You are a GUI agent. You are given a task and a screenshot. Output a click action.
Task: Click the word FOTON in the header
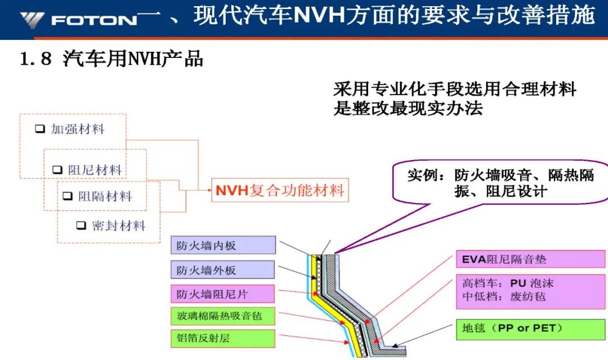pyautogui.click(x=94, y=20)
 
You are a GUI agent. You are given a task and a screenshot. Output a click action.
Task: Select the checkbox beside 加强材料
pyautogui.click(x=40, y=129)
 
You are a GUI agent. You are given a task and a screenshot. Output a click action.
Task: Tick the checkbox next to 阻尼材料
pyautogui.click(x=57, y=170)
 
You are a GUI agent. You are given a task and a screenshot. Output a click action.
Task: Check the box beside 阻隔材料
pyautogui.click(x=68, y=196)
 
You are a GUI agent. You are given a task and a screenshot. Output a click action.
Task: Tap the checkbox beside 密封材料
pyautogui.click(x=81, y=225)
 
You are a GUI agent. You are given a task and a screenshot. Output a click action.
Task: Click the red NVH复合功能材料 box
pyautogui.click(x=280, y=190)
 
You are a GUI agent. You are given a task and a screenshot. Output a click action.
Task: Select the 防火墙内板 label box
pyautogui.click(x=223, y=245)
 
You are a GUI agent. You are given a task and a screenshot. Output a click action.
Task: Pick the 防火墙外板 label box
pyautogui.click(x=223, y=269)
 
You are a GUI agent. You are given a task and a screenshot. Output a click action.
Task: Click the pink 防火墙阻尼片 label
pyautogui.click(x=222, y=294)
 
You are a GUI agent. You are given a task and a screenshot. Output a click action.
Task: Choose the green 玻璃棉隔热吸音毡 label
pyautogui.click(x=223, y=316)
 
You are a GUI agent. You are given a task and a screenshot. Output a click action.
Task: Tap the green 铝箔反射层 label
pyautogui.click(x=223, y=338)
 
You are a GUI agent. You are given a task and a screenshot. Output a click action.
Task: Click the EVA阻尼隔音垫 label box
pyautogui.click(x=530, y=259)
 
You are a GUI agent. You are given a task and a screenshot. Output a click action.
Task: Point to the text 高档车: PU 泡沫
pyautogui.click(x=508, y=283)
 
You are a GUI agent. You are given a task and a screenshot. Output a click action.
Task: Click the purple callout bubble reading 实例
pyautogui.click(x=500, y=182)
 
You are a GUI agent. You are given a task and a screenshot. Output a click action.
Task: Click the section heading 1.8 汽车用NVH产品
pyautogui.click(x=111, y=59)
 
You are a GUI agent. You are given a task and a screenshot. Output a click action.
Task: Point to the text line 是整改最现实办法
pyautogui.click(x=408, y=108)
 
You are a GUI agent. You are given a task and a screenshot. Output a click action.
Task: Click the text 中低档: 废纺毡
pyautogui.click(x=504, y=296)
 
